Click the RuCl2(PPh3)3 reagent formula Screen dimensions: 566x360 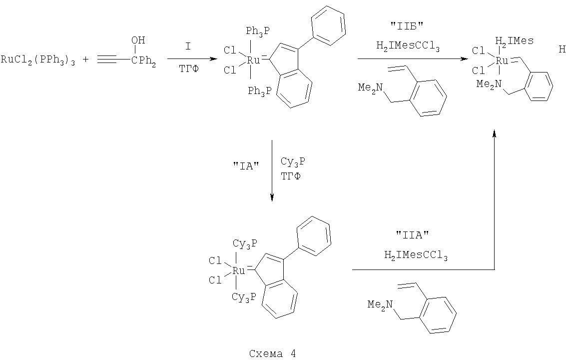[38, 59]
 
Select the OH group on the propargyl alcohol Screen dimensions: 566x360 [138, 40]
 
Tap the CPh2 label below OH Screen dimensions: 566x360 [144, 61]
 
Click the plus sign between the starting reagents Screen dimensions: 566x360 [85, 59]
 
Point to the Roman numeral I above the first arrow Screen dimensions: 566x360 [188, 46]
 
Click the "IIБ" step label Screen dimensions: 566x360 [407, 26]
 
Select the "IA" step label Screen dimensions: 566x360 [246, 166]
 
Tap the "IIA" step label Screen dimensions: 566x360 [412, 235]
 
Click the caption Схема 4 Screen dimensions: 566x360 [273, 353]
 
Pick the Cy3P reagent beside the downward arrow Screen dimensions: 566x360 [293, 162]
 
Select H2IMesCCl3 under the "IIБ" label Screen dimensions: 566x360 [408, 46]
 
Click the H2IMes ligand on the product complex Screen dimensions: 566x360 [515, 41]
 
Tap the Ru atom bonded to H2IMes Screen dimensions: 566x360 [502, 60]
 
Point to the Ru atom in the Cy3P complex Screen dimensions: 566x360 [239, 270]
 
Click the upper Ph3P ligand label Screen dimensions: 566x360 [258, 32]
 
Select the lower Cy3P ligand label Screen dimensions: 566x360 [244, 297]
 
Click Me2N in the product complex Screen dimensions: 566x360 [489, 84]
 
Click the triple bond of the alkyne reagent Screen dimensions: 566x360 [107, 59]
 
